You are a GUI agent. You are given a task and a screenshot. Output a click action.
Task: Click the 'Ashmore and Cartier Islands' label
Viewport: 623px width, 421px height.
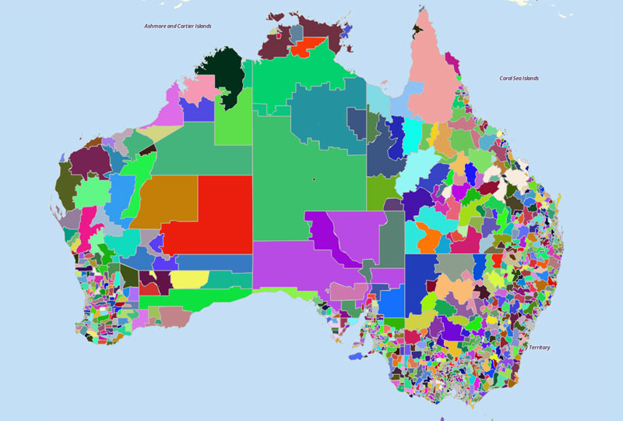pyautogui.click(x=178, y=26)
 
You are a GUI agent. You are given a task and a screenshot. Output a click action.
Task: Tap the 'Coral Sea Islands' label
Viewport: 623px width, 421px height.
pyautogui.click(x=519, y=78)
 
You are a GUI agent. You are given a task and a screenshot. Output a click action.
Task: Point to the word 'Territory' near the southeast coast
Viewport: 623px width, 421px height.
pyautogui.click(x=539, y=347)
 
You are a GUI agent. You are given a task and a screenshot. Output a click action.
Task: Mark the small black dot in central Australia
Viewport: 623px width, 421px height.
pyautogui.click(x=314, y=179)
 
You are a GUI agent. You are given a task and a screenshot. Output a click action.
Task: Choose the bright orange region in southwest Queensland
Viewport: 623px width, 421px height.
pyautogui.click(x=428, y=238)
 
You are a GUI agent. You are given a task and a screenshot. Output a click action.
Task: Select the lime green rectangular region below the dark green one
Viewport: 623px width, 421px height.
pyautogui.click(x=232, y=117)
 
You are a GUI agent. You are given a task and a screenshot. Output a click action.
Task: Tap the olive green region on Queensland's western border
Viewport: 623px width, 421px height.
pyautogui.click(x=382, y=188)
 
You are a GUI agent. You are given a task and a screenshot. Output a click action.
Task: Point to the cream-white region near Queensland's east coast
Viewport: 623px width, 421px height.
pyautogui.click(x=516, y=178)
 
